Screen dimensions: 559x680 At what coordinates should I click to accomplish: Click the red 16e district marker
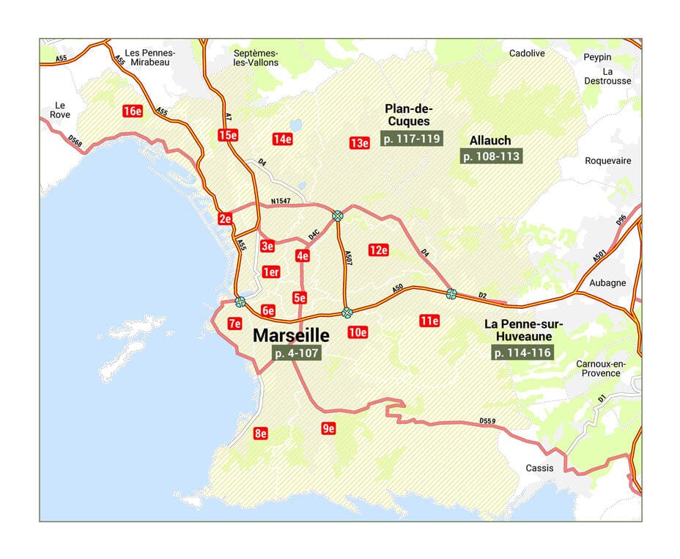(132, 112)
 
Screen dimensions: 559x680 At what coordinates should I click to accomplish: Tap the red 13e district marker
(359, 143)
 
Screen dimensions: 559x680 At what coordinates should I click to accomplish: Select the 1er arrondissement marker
(271, 272)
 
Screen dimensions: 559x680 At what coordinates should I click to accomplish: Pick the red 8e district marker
(260, 434)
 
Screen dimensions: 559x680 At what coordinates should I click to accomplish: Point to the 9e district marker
(328, 428)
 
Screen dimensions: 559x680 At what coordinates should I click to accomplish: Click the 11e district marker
(429, 321)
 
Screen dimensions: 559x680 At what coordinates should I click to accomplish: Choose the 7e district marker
(235, 324)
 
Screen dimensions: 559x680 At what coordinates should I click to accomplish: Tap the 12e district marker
(378, 250)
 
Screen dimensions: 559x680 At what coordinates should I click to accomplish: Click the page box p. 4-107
(296, 353)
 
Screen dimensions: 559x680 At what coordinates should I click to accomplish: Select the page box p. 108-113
(490, 156)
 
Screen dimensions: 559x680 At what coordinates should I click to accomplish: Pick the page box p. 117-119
(411, 138)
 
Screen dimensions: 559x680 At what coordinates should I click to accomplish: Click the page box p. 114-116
(522, 353)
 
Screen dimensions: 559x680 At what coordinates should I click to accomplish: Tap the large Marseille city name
(291, 335)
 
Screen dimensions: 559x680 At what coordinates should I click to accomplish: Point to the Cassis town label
(540, 468)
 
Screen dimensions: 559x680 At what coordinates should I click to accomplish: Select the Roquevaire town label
(607, 161)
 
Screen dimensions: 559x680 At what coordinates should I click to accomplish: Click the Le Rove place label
(60, 109)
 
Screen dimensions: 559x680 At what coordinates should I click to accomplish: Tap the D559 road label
(487, 421)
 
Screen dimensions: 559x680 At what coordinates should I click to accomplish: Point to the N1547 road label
(281, 201)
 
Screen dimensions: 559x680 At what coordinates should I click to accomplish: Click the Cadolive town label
(527, 53)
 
